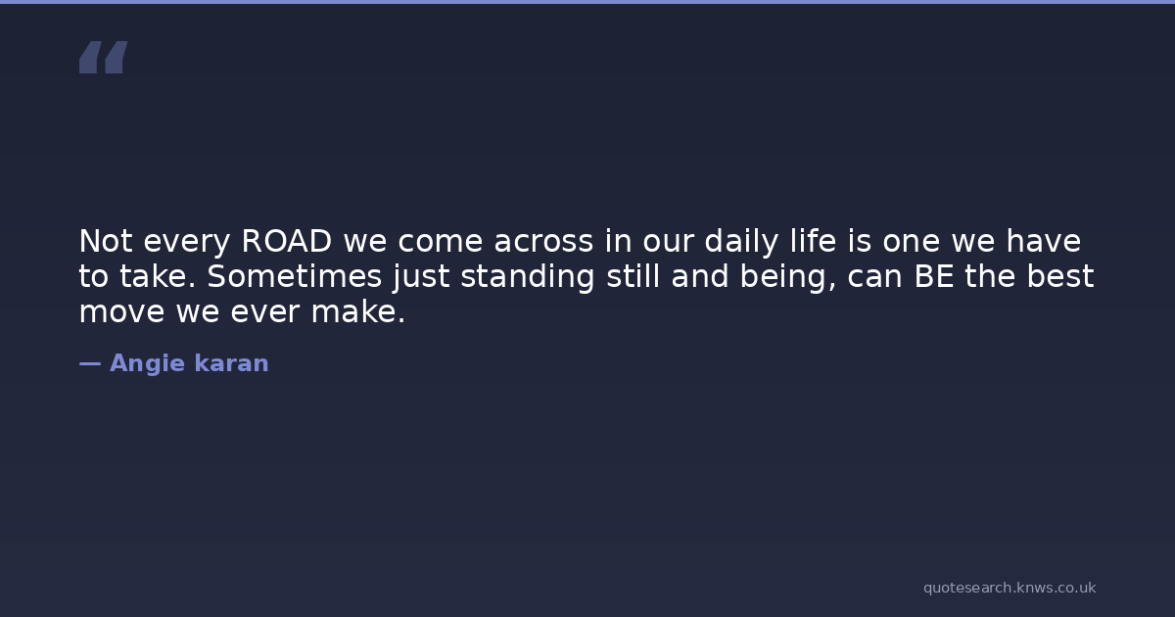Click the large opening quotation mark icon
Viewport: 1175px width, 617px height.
pos(104,57)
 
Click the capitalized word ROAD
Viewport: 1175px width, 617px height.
pos(286,241)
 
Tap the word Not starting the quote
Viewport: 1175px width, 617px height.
pos(106,241)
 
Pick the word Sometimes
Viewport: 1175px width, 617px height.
pos(295,276)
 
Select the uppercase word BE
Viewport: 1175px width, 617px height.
pos(934,276)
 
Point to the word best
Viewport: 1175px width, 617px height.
pos(1060,276)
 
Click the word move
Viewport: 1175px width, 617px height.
pos(122,313)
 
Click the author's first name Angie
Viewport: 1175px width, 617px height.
pos(148,364)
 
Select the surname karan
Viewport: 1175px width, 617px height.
pos(231,363)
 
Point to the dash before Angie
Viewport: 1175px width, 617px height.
pos(90,363)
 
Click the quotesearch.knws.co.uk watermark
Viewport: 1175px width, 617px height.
pos(1010,589)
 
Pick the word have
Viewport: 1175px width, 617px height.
pos(1044,241)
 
